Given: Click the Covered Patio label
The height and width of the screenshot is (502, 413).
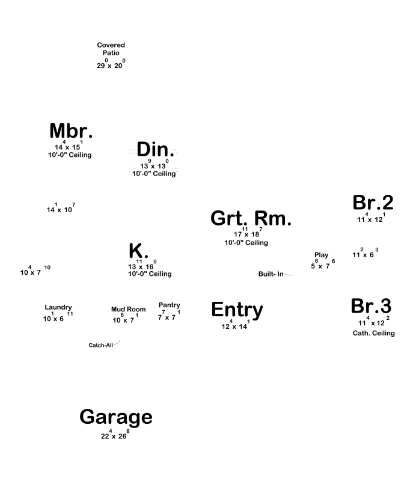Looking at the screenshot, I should point(111,49).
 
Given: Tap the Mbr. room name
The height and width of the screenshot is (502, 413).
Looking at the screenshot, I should point(71,131).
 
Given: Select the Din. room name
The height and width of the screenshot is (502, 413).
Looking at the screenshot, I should point(155,150).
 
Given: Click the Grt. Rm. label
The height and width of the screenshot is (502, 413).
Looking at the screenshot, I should point(251,218).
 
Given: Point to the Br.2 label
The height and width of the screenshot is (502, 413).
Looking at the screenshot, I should point(373,203).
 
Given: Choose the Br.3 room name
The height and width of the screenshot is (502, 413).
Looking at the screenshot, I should point(371,306).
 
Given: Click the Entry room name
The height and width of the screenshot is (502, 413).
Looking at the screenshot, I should point(237,310).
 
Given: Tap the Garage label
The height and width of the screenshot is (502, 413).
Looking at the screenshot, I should point(116,417).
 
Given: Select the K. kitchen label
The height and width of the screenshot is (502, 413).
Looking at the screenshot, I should point(138,251).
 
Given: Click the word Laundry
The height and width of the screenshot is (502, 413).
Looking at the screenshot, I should point(58,307).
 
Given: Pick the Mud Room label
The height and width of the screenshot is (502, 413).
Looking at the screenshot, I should point(128,310).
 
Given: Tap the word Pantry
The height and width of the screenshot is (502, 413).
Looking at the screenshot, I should point(170,305).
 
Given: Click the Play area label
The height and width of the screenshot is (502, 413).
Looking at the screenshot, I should point(322,255).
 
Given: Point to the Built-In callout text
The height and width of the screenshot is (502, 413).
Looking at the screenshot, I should point(271,274).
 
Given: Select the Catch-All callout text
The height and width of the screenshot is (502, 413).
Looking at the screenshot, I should point(100,346).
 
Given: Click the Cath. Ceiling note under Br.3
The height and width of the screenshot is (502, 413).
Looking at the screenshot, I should point(374,333).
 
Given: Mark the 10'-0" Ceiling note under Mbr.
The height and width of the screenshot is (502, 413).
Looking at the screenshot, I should point(70,155).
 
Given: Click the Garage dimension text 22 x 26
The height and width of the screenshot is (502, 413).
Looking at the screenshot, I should point(115,436).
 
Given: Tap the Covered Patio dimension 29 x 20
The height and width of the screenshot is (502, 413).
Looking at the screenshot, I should point(111,64).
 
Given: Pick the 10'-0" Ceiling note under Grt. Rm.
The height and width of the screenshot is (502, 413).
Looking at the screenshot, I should point(246,243).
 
